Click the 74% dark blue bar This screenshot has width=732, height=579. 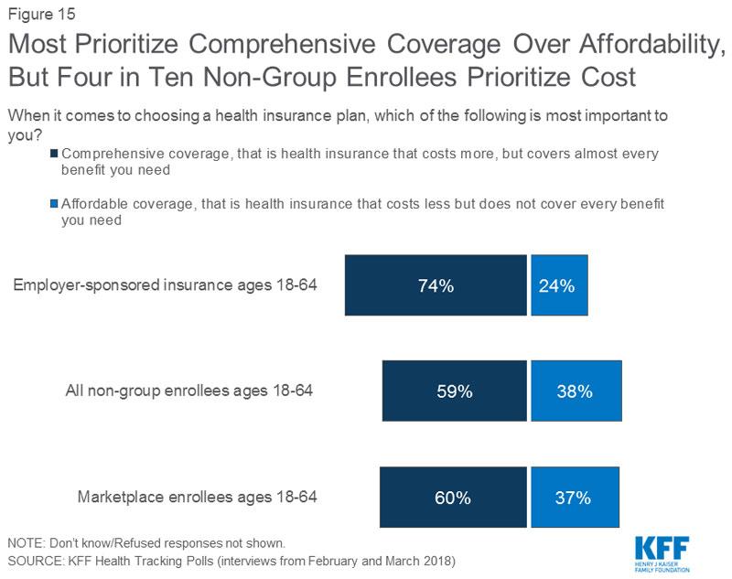tap(436, 285)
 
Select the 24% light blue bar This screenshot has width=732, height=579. tap(559, 285)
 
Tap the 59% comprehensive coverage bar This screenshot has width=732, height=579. tap(454, 391)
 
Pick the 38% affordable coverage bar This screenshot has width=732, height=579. tap(576, 391)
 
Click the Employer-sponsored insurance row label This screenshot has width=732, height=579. tap(165, 284)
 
